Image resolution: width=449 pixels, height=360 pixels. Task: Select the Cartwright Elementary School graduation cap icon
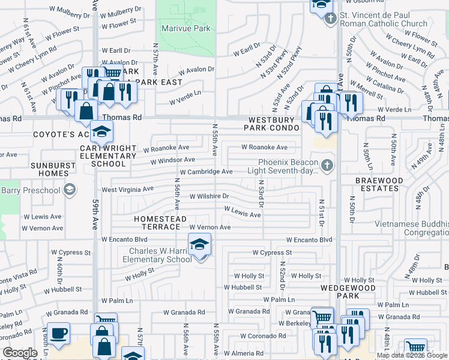coord(102,131)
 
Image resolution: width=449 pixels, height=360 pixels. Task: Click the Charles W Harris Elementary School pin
coord(199,245)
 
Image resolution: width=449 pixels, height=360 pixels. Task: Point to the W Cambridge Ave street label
coord(205,172)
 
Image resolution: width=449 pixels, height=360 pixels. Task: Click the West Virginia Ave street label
coord(127,189)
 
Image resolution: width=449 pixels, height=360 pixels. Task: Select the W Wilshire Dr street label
coord(209,196)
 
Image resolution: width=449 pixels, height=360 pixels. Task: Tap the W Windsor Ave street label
coord(172,160)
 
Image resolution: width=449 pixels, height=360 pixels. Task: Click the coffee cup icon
coord(58,334)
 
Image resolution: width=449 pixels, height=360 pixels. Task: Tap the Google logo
coord(20,353)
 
